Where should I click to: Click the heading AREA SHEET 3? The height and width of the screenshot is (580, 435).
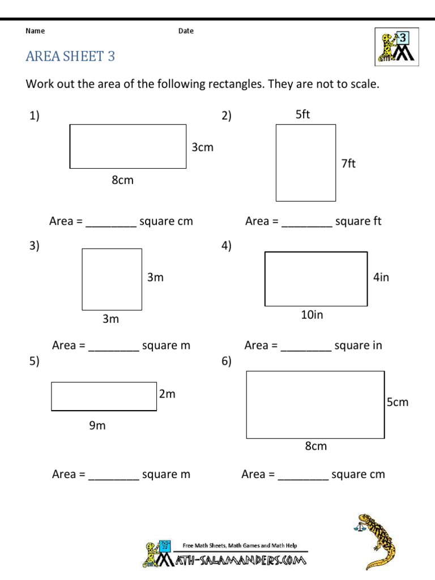[x=71, y=57]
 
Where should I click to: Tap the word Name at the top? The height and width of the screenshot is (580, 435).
[x=35, y=31]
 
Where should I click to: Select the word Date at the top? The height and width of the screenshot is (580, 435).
[x=186, y=31]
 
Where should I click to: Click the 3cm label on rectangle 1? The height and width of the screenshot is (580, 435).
[x=202, y=148]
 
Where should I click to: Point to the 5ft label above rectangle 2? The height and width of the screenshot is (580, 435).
[x=303, y=115]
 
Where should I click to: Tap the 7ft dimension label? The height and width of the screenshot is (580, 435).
[x=348, y=164]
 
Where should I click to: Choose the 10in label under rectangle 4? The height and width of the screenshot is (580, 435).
[x=312, y=315]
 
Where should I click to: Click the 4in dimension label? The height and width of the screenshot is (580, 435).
[x=381, y=278]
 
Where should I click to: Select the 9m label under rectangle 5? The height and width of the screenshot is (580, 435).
[x=97, y=426]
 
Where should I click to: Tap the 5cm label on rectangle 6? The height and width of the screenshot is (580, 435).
[x=397, y=403]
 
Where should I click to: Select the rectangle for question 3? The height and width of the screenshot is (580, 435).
[x=112, y=279]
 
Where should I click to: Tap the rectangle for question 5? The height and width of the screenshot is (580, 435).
[x=104, y=396]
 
